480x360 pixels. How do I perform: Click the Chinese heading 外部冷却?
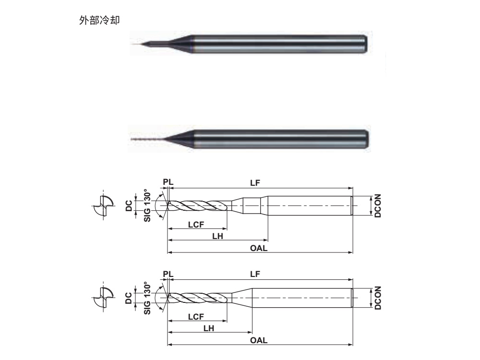coord(99,21)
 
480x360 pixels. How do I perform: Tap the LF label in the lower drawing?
coord(255,274)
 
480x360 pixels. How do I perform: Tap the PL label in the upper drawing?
coord(167,182)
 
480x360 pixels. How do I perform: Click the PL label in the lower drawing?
coord(167,274)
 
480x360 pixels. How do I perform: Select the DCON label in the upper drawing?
coord(377,206)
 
